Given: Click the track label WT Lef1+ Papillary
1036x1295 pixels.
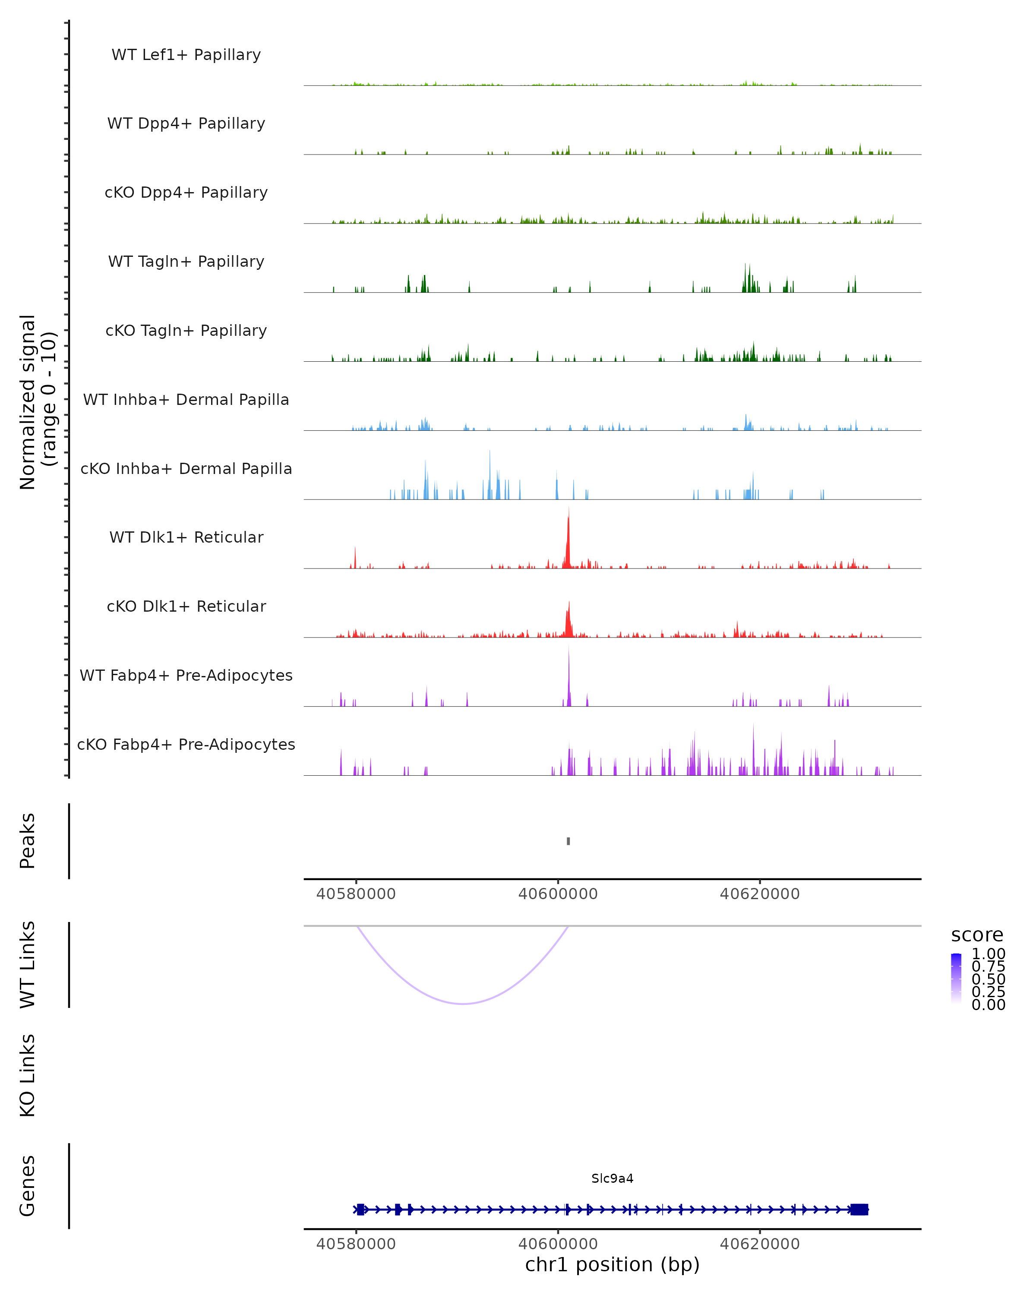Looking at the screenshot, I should click(186, 55).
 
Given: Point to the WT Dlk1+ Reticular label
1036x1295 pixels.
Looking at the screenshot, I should click(186, 537).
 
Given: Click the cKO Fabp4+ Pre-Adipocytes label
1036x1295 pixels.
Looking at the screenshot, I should click(186, 744).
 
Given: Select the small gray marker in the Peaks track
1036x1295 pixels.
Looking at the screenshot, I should click(568, 841).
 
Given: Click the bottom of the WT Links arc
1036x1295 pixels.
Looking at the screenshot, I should click(463, 1004).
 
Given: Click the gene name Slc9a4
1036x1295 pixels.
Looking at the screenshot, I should click(612, 1178).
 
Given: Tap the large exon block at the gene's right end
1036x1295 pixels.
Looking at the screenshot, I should click(859, 1210).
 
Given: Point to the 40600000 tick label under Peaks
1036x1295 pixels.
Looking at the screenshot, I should click(558, 894).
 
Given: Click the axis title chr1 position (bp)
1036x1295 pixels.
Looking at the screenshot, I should click(612, 1265).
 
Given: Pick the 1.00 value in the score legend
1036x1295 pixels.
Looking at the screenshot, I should click(989, 954).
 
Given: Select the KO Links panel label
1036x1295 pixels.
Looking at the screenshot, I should click(28, 1076).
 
